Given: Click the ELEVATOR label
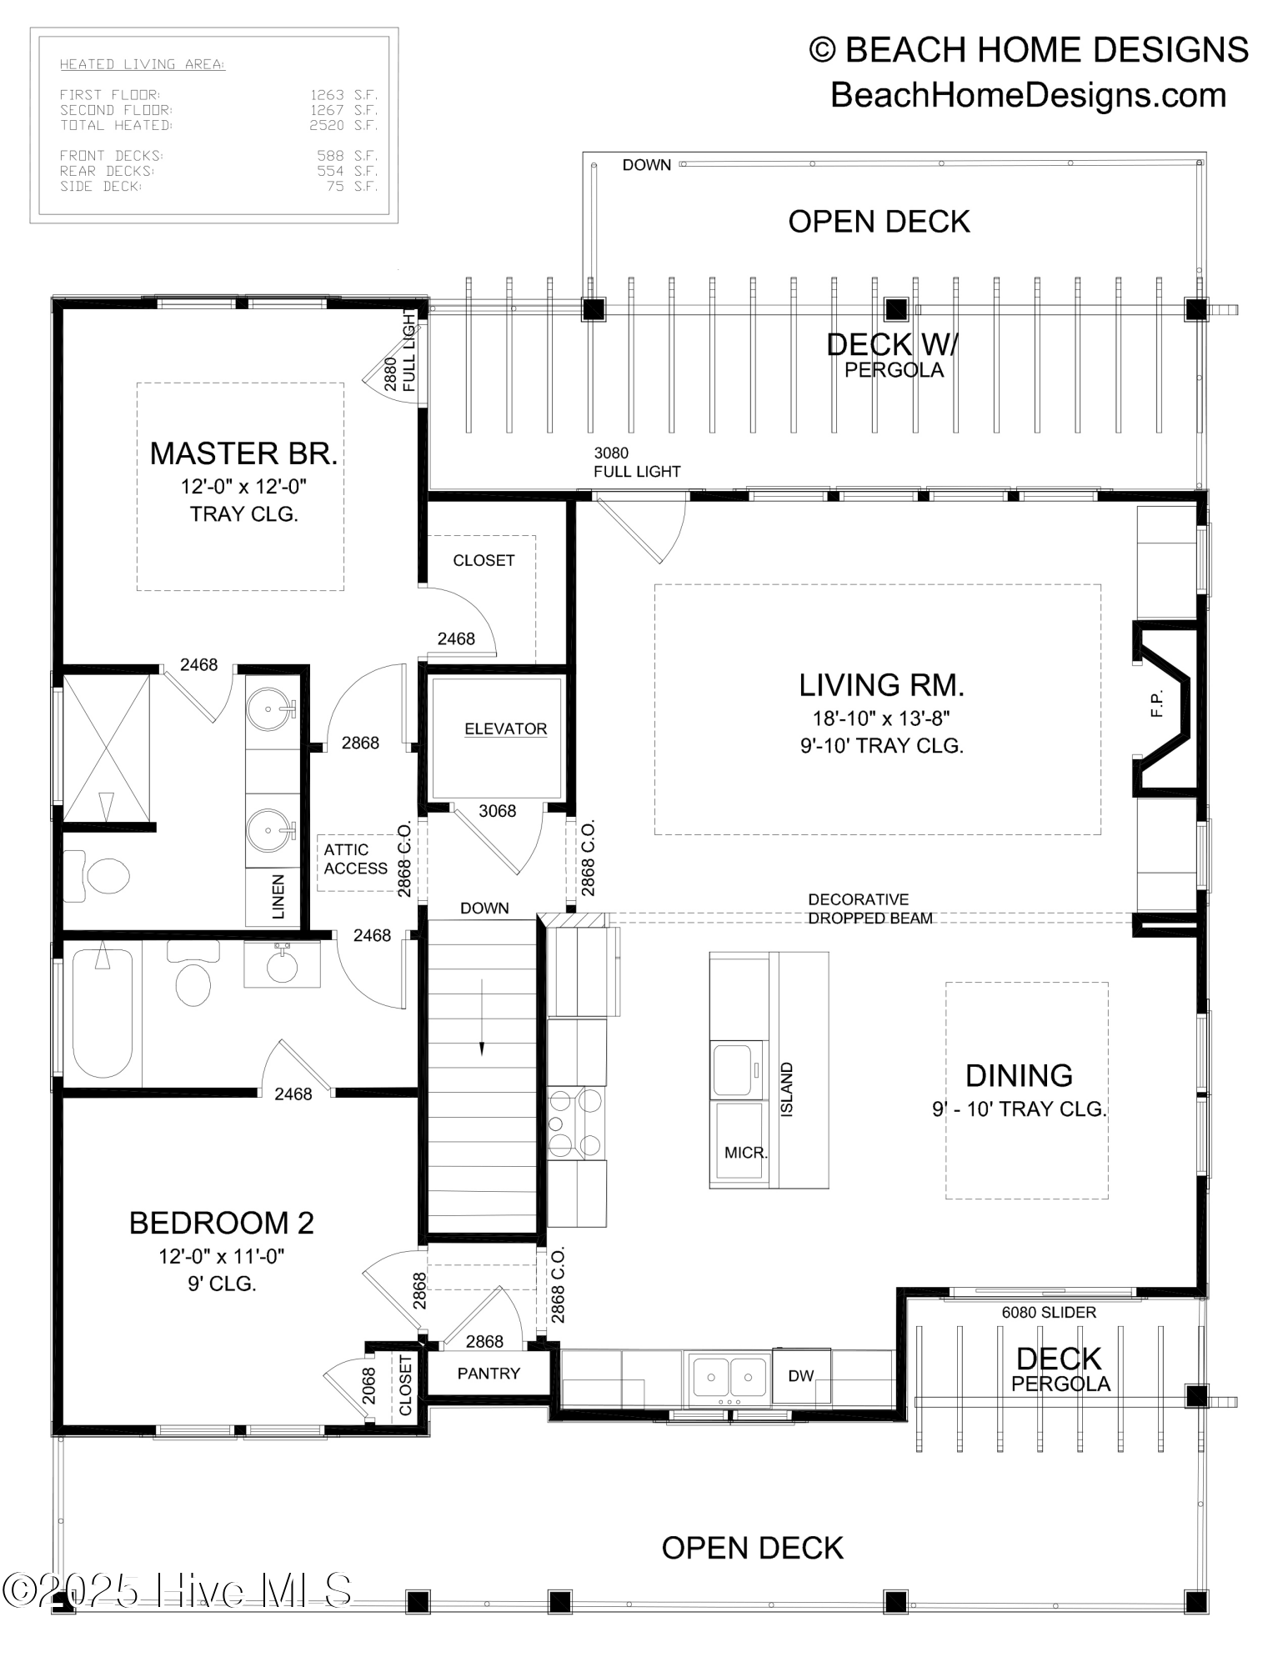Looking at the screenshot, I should pyautogui.click(x=505, y=728).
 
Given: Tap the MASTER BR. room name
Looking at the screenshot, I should pyautogui.click(x=243, y=453).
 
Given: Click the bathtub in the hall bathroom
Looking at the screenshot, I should pyautogui.click(x=102, y=1013).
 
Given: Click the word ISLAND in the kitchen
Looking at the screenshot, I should pyautogui.click(x=787, y=1089).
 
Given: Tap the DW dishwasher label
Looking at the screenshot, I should pyautogui.click(x=800, y=1375).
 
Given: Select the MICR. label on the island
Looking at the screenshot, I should pyautogui.click(x=745, y=1153).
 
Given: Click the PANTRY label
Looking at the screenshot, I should pyautogui.click(x=489, y=1373).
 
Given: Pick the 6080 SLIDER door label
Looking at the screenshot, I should pyautogui.click(x=1049, y=1312).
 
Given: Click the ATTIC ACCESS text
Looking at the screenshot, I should pyautogui.click(x=355, y=859).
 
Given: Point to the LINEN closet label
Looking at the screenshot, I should pyautogui.click(x=278, y=897).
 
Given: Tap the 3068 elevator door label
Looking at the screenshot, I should pyautogui.click(x=497, y=811).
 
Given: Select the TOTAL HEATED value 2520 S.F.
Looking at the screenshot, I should pyautogui.click(x=343, y=126).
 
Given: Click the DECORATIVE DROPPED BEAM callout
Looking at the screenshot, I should pyautogui.click(x=870, y=909).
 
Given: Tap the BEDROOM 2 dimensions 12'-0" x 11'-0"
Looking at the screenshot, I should pyautogui.click(x=222, y=1256).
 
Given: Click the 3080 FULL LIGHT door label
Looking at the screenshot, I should pyautogui.click(x=636, y=463).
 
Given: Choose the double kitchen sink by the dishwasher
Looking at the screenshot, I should pyautogui.click(x=729, y=1377).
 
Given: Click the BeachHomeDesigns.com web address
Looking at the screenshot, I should pyautogui.click(x=1028, y=95).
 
